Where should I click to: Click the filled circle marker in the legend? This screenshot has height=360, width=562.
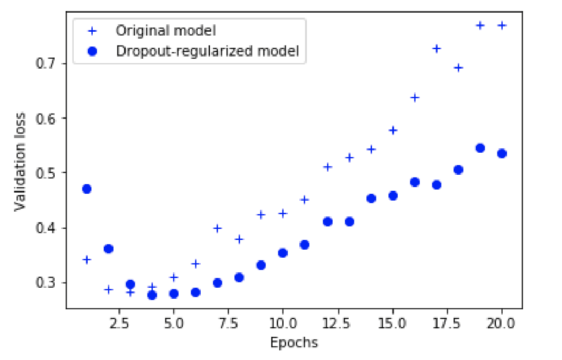92,51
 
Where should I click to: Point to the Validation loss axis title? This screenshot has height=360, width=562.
20,161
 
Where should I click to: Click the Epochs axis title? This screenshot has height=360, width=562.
294,343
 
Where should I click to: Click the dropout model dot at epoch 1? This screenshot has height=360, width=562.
86,189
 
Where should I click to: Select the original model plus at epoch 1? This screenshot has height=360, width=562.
86,259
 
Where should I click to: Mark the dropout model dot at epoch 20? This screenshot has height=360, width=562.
502,153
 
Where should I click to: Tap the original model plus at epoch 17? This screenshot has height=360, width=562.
436,48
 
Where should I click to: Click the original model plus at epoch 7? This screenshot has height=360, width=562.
217,228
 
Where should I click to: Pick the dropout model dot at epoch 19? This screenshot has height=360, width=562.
480,148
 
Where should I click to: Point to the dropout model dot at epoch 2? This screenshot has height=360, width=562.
108,249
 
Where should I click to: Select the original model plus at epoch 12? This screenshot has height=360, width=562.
327,167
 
